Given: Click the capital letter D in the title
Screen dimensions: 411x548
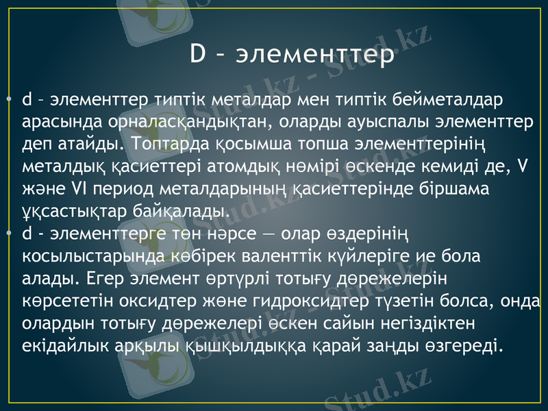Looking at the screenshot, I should point(198,55).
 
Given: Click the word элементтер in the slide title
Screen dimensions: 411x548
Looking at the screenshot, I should point(315,55).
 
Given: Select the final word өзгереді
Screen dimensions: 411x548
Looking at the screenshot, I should point(464,343).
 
